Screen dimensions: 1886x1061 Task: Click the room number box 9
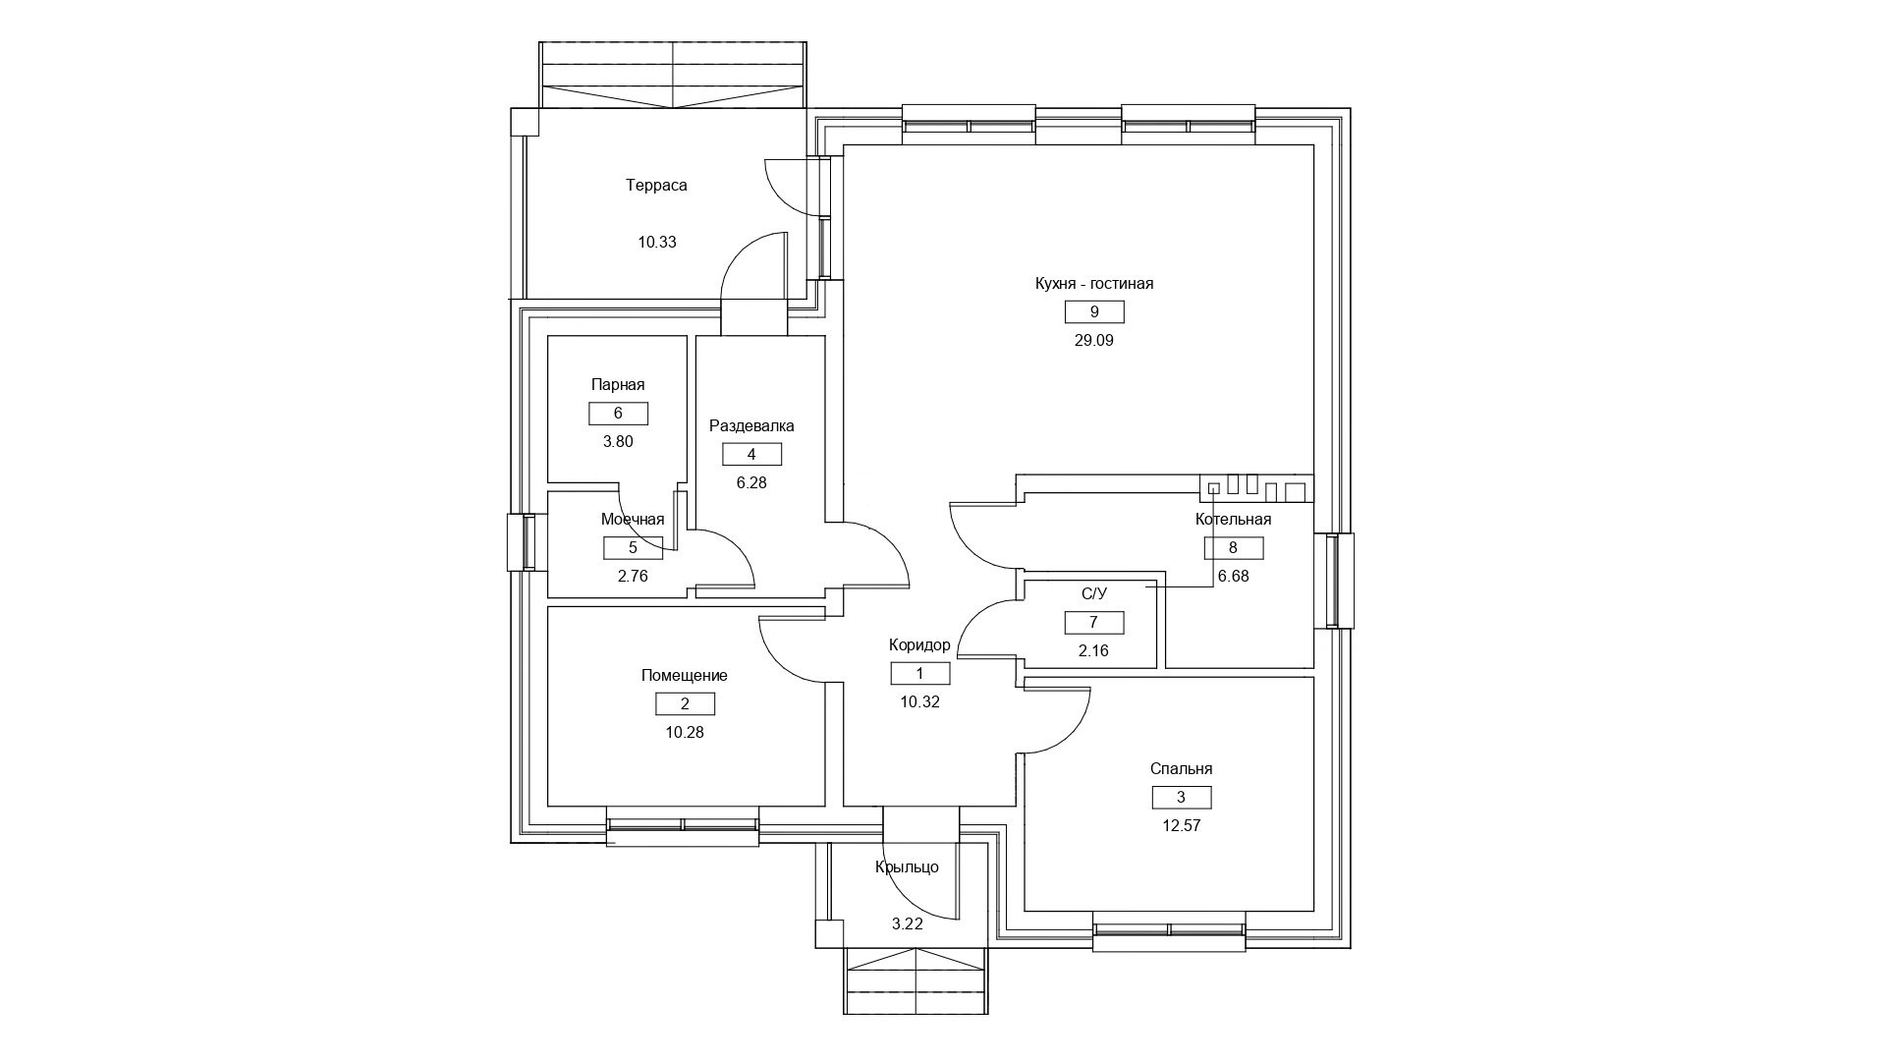click(1094, 312)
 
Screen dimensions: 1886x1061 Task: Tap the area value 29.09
click(1094, 341)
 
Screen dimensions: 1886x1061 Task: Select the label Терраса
click(656, 186)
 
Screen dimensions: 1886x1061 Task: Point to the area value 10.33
click(657, 243)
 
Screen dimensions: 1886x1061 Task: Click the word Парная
click(618, 385)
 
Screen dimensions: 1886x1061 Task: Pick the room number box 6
click(618, 414)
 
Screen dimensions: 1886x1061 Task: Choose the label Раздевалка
click(751, 426)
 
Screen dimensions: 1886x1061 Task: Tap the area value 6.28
click(751, 482)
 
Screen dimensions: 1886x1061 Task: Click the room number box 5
click(633, 548)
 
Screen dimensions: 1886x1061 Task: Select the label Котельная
click(1233, 520)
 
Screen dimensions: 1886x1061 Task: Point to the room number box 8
click(1233, 548)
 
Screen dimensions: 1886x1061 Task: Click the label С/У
click(1094, 593)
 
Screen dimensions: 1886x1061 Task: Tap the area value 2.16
click(1093, 650)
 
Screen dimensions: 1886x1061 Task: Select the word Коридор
click(919, 645)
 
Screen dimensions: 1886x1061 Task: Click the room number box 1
click(920, 673)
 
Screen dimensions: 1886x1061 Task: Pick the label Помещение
click(685, 676)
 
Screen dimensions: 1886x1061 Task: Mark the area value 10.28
click(685, 732)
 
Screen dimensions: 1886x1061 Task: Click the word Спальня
click(1181, 769)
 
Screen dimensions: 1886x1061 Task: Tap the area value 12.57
click(1181, 826)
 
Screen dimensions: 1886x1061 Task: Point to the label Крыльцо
click(907, 867)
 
